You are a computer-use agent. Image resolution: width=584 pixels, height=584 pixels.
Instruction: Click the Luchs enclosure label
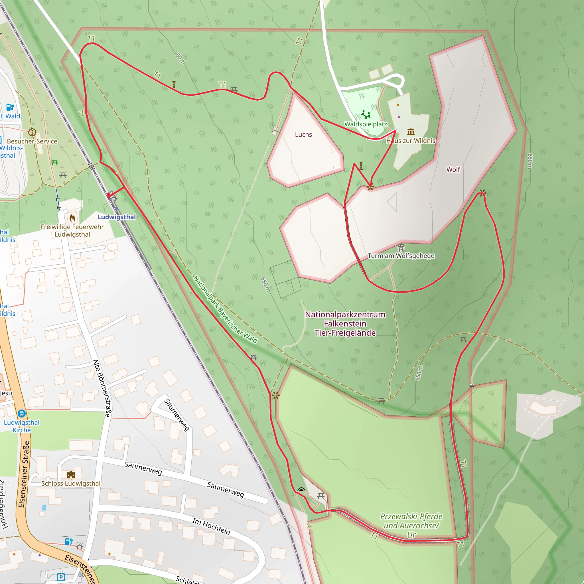tap(303, 135)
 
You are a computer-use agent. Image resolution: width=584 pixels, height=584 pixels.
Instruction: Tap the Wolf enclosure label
tap(453, 170)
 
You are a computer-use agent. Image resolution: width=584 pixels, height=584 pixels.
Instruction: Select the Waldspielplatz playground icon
tap(366, 114)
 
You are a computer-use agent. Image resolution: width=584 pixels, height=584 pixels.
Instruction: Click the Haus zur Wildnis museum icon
tap(411, 132)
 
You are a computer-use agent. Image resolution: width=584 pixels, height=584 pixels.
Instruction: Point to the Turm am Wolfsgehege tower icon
tap(401, 248)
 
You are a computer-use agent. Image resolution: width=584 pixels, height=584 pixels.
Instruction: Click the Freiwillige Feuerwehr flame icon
tap(72, 218)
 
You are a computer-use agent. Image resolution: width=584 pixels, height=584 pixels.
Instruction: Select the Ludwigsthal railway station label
tap(117, 217)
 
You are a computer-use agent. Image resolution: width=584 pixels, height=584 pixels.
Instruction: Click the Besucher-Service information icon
tap(32, 132)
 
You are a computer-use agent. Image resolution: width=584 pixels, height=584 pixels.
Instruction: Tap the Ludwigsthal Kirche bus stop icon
tap(21, 413)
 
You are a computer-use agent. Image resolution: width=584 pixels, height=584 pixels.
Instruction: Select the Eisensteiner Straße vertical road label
tap(24, 474)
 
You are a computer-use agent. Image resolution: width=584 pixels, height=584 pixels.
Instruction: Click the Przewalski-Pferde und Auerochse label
tap(411, 525)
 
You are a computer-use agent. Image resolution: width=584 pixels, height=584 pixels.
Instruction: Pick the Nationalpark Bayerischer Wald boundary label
tap(225, 309)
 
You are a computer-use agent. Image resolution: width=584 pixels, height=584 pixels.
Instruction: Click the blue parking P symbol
tap(61, 577)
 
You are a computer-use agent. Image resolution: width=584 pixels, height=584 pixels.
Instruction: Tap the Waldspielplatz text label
tap(366, 124)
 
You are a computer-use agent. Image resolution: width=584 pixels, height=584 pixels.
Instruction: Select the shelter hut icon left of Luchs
tap(275, 131)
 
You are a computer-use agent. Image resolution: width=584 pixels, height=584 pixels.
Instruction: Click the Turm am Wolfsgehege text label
tap(401, 256)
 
